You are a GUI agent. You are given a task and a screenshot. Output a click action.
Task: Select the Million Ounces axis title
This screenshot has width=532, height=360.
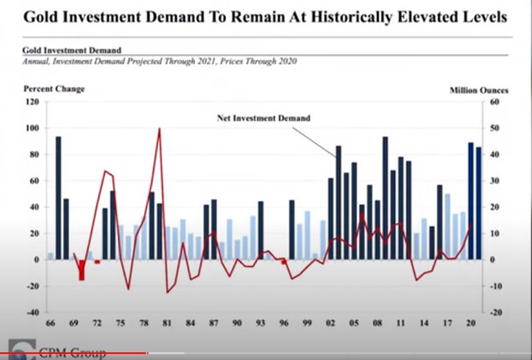(x=480, y=89)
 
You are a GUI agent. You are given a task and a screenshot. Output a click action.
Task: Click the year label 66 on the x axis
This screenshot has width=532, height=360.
(x=50, y=325)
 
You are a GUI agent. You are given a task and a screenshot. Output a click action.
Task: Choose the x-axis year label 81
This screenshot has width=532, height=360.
(x=167, y=325)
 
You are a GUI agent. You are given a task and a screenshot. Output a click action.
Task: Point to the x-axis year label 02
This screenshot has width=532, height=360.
(x=330, y=325)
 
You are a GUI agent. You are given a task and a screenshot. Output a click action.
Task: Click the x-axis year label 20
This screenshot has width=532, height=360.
(x=471, y=325)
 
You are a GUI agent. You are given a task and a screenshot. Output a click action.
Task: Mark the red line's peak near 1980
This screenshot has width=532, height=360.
(x=159, y=130)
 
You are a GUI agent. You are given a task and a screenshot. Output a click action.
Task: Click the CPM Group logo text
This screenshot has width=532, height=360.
(x=72, y=352)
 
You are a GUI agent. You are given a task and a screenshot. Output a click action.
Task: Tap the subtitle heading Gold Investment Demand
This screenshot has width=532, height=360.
(x=72, y=51)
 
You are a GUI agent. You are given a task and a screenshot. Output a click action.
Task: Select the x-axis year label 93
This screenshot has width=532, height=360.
(x=260, y=325)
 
